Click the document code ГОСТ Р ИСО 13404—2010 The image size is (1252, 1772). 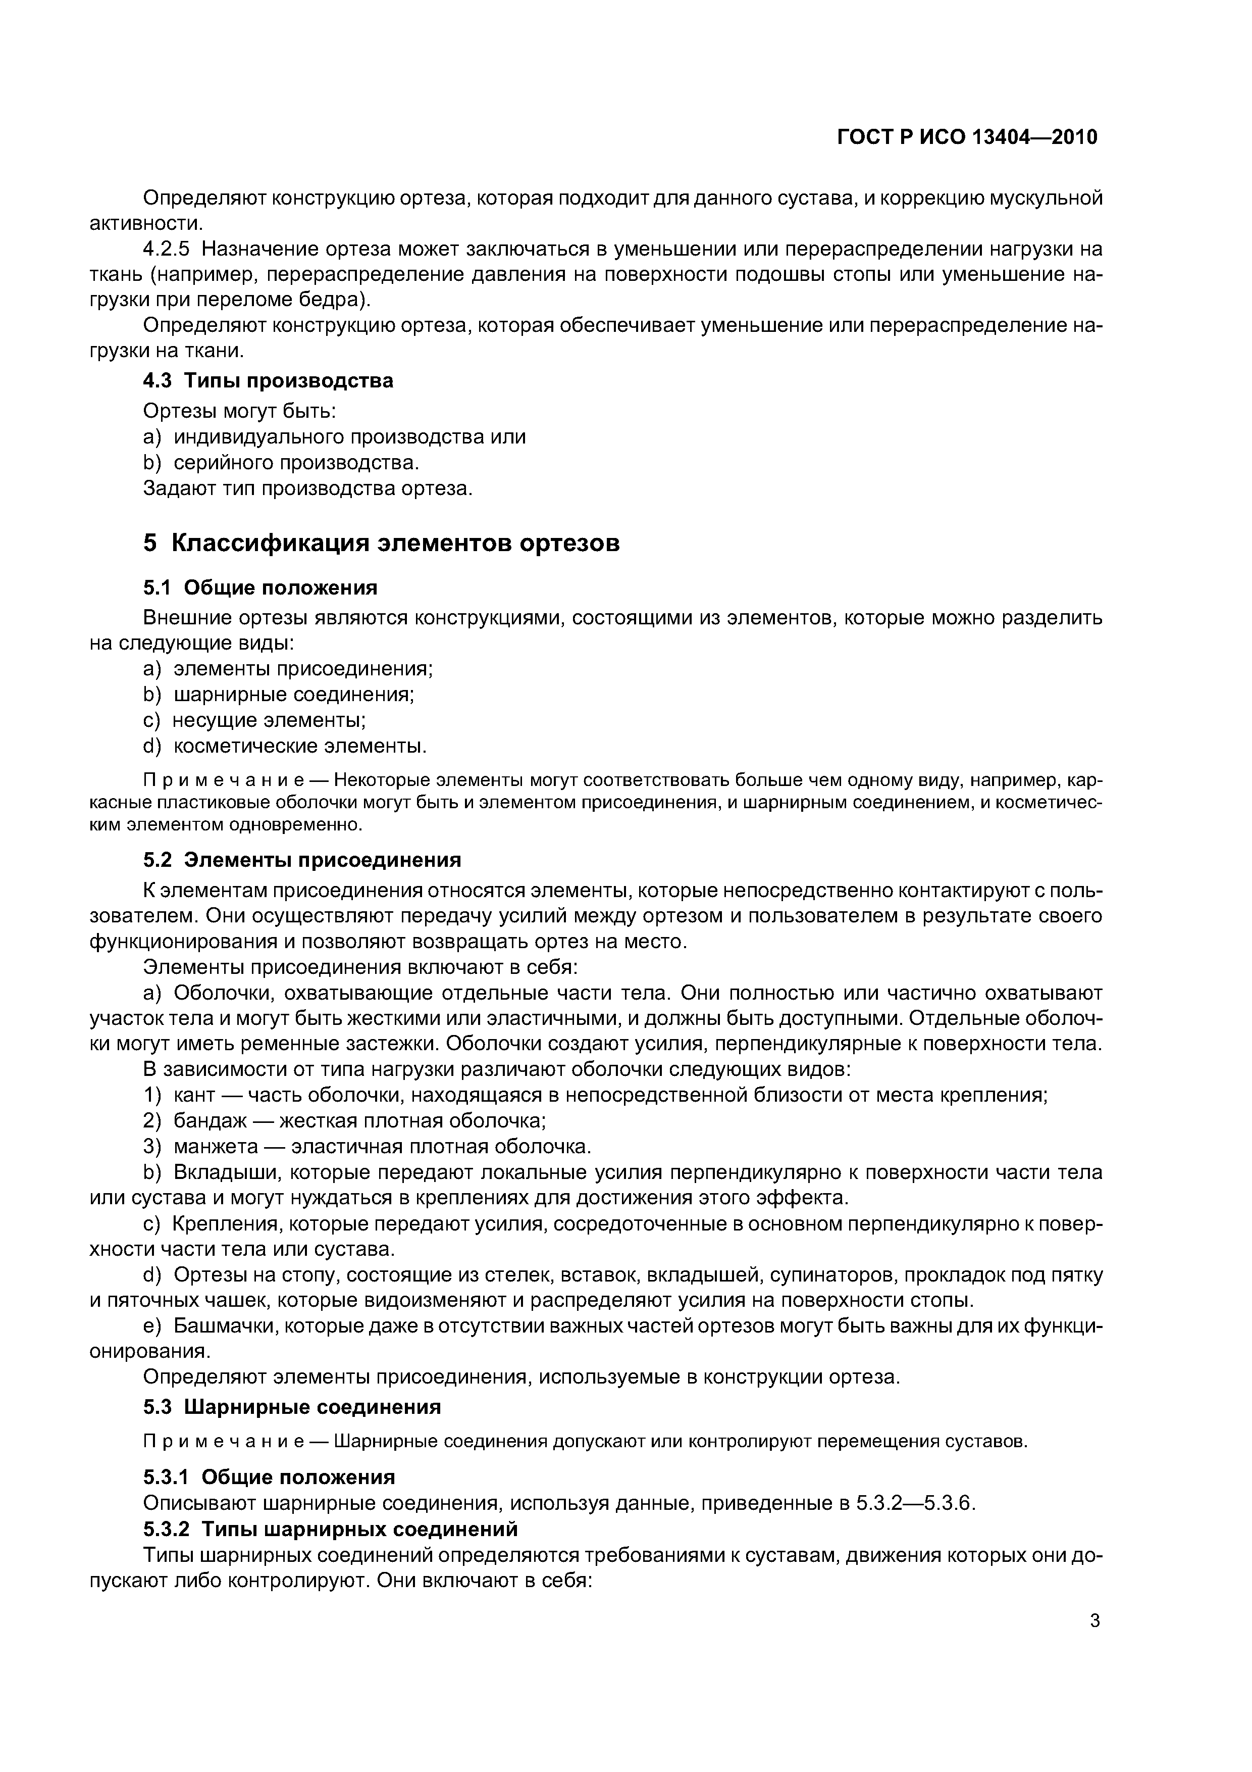point(967,137)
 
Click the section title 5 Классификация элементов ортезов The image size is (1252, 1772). point(381,543)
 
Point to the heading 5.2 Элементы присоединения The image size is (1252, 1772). point(301,860)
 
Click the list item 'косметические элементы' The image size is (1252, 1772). point(299,746)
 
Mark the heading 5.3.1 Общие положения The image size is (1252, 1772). point(269,1477)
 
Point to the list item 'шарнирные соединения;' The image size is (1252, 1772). point(293,695)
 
